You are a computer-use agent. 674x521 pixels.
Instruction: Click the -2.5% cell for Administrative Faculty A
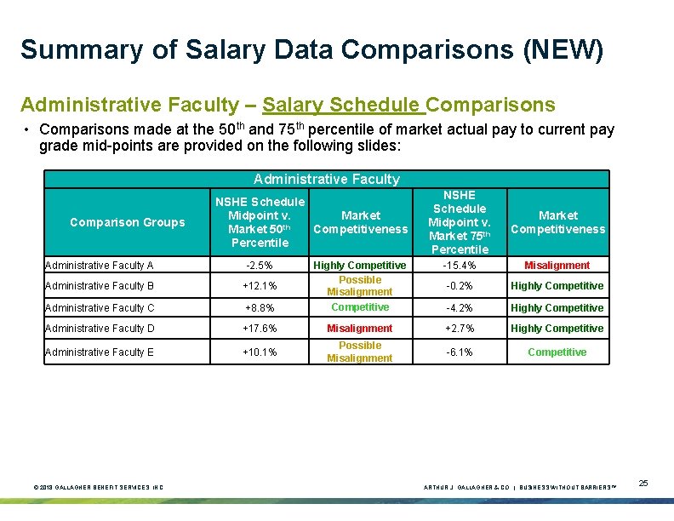(259, 266)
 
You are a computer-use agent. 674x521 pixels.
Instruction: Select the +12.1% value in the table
(259, 286)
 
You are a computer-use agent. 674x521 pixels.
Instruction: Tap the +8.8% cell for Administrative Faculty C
(259, 308)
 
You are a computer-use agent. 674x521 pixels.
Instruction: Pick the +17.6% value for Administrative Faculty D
(259, 329)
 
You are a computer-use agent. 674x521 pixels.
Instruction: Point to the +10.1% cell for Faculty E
(259, 352)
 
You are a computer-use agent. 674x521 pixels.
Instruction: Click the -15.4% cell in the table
(459, 266)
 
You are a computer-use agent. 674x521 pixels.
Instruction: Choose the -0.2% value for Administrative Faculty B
(459, 286)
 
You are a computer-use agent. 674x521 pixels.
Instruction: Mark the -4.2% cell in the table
(459, 308)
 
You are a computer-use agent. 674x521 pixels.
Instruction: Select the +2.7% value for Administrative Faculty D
(459, 329)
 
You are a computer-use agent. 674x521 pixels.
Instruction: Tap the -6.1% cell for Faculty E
(459, 352)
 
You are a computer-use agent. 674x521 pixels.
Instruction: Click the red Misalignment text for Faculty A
(557, 266)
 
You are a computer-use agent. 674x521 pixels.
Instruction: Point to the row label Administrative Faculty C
(100, 308)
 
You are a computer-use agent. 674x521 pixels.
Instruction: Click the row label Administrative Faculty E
(100, 352)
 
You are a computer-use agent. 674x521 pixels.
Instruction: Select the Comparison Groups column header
(127, 222)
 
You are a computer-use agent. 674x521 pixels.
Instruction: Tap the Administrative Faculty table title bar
(327, 179)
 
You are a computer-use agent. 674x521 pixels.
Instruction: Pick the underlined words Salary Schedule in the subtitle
(341, 105)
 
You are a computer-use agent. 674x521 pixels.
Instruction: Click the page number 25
(643, 484)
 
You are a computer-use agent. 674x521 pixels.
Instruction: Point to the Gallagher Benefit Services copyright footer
(98, 487)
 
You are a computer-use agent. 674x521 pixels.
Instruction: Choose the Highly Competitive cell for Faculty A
(360, 266)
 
